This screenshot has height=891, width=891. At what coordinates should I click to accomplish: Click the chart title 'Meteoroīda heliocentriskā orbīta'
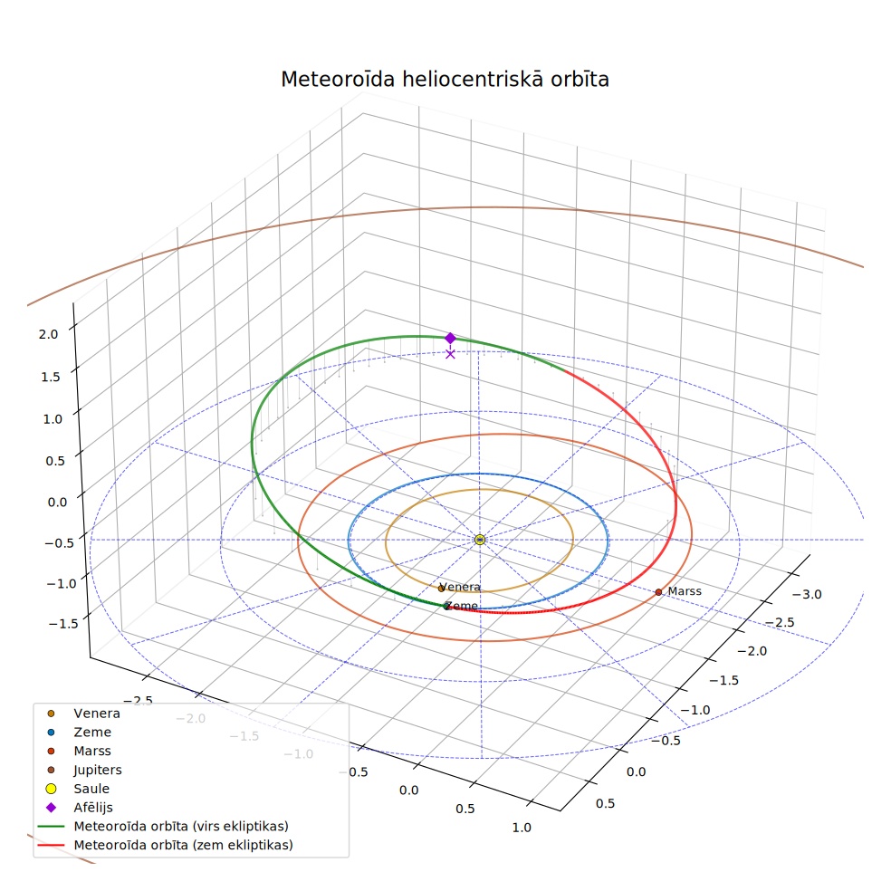(x=445, y=79)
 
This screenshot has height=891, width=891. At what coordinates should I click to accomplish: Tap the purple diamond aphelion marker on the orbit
(x=450, y=338)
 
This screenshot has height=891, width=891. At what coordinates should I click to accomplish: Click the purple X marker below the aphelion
(x=450, y=354)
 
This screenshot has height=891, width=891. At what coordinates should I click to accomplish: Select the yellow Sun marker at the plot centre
(x=480, y=540)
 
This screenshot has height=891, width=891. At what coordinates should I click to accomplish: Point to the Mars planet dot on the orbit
(x=658, y=592)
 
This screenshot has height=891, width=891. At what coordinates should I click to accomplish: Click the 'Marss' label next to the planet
(x=685, y=591)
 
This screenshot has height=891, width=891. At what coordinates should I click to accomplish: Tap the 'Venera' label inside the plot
(x=460, y=587)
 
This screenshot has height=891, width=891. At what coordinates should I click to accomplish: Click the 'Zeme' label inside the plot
(x=462, y=606)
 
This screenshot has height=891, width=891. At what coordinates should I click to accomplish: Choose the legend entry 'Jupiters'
(x=98, y=770)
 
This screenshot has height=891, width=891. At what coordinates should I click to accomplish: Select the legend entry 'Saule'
(x=91, y=789)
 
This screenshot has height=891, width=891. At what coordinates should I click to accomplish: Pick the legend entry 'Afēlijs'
(x=93, y=808)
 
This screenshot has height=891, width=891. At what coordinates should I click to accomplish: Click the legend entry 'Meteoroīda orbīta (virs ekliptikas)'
(x=181, y=826)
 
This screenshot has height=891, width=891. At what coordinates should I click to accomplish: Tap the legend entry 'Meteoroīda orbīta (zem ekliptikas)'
(x=184, y=845)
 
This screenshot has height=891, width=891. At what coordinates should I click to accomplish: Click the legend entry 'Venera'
(x=97, y=714)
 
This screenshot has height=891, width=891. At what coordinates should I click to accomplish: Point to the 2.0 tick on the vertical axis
(x=48, y=334)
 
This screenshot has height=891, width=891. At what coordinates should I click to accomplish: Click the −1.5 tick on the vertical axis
(x=63, y=624)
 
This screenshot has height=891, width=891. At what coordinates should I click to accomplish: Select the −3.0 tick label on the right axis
(x=806, y=594)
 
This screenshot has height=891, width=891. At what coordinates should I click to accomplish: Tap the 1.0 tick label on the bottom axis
(x=522, y=828)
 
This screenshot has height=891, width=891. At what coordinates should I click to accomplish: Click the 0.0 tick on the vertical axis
(x=57, y=503)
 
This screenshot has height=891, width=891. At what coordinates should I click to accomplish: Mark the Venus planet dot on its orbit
(x=441, y=589)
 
